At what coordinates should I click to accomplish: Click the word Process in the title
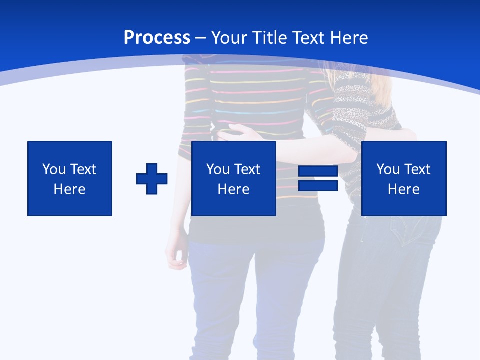click(x=157, y=38)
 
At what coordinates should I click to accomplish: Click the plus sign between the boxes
click(x=152, y=178)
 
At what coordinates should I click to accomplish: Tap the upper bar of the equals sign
click(x=318, y=171)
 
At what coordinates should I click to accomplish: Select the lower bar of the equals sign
click(x=318, y=186)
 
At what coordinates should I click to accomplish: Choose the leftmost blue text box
click(x=69, y=178)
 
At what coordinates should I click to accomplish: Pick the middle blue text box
click(x=233, y=178)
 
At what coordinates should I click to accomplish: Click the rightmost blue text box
click(x=403, y=178)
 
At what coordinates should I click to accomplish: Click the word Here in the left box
click(x=69, y=189)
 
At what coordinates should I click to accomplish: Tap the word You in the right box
click(x=388, y=169)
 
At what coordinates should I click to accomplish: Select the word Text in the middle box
click(x=247, y=169)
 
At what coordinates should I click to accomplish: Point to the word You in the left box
click(x=54, y=169)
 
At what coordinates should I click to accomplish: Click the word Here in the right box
click(x=403, y=189)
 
